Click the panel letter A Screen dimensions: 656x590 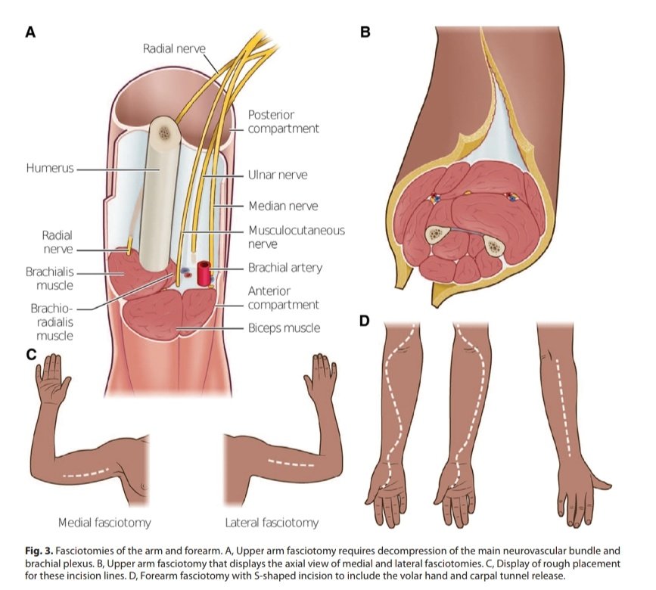[30, 32]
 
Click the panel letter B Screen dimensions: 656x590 [365, 32]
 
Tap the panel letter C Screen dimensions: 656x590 [31, 355]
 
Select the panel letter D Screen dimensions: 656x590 [365, 321]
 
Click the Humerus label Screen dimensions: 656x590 [50, 168]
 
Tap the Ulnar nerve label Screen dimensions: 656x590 [278, 175]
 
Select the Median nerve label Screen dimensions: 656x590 [283, 206]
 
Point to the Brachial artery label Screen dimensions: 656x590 [285, 268]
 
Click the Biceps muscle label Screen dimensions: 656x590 [284, 328]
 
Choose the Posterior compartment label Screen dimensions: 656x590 [283, 122]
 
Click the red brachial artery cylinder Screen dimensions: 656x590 [204, 273]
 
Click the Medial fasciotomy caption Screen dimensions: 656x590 [104, 523]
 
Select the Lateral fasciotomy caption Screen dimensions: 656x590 [272, 523]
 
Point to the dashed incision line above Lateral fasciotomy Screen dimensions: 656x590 [291, 464]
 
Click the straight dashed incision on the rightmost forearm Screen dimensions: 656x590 [563, 407]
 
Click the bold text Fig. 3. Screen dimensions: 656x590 [39, 551]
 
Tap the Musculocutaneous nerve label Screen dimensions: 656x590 [297, 237]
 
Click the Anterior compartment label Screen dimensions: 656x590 [283, 298]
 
